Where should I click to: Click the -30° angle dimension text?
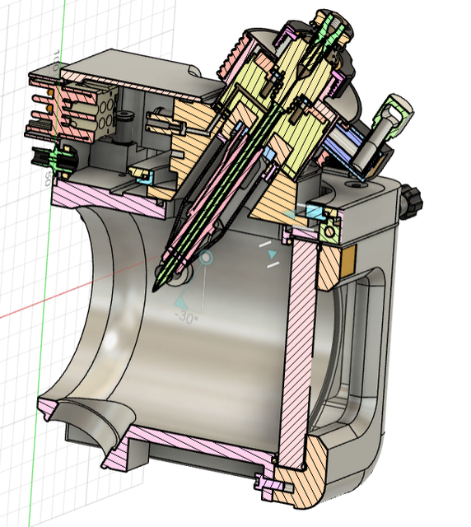(x=186, y=319)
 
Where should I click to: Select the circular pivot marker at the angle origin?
(x=206, y=259)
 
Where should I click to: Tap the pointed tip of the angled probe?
(x=155, y=290)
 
